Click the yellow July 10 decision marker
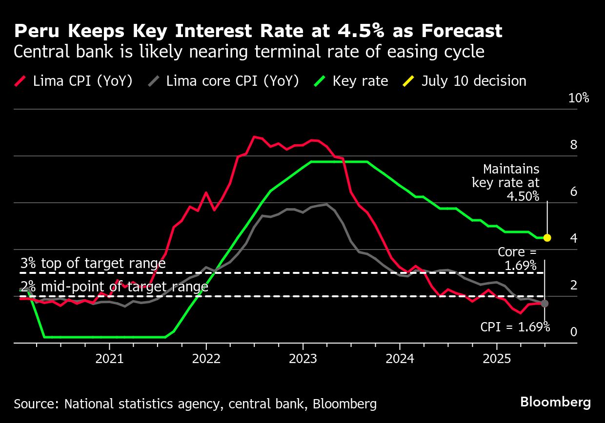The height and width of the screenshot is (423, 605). click(547, 238)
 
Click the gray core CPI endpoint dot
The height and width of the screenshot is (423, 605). click(544, 303)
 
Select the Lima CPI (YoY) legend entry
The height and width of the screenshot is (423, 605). click(76, 81)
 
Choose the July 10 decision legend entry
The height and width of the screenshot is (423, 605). click(466, 81)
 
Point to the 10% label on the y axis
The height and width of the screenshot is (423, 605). click(579, 98)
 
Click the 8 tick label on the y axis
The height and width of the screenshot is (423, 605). click(573, 145)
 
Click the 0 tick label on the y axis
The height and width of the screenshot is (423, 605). click(573, 332)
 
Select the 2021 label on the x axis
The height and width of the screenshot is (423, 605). click(109, 359)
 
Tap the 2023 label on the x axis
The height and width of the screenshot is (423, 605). click(303, 359)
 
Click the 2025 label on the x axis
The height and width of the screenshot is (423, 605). click(497, 359)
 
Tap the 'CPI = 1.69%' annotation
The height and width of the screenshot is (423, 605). click(515, 327)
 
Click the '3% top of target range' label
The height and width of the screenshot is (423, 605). click(93, 264)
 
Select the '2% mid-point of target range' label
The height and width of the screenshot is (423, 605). click(114, 287)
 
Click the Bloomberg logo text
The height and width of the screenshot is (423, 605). click(555, 403)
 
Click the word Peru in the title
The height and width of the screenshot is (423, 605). click(33, 31)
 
